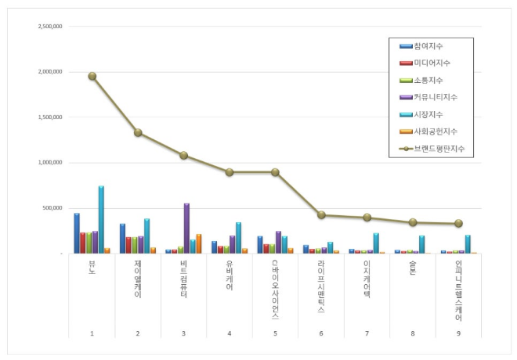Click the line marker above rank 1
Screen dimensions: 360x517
[x=92, y=76]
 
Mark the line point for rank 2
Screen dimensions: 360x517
[x=138, y=132]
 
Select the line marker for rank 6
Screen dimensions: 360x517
[x=321, y=214]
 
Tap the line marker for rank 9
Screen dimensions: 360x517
[x=458, y=223]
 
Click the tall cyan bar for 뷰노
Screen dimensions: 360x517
[x=101, y=220]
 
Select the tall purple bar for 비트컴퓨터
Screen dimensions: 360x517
[x=186, y=229]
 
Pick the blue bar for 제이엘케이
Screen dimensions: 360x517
[x=122, y=239]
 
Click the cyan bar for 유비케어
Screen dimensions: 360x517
[x=238, y=238]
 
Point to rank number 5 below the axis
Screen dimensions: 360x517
[x=275, y=334]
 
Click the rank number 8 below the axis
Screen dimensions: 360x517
[x=412, y=334]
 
